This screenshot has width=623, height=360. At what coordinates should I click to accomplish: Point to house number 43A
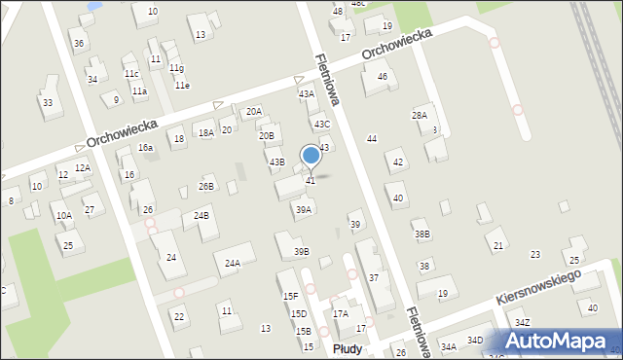(307, 94)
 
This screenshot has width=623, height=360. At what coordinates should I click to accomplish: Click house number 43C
(321, 124)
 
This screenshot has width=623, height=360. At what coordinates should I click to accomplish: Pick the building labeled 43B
(277, 162)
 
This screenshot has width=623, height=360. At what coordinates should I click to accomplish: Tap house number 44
(371, 139)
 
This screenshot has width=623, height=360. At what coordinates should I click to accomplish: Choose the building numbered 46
(383, 76)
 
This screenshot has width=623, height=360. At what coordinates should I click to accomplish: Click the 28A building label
(420, 115)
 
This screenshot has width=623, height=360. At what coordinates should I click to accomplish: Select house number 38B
(421, 234)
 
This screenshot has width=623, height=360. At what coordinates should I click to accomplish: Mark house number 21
(498, 245)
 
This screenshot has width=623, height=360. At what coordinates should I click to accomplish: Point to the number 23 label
(534, 254)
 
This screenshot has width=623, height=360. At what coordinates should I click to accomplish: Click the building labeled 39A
(304, 209)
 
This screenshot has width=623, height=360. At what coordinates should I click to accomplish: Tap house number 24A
(233, 263)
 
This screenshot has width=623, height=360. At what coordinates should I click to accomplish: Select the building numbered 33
(47, 102)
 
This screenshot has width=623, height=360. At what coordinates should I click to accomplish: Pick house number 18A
(205, 132)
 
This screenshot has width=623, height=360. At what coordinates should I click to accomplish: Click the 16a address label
(145, 147)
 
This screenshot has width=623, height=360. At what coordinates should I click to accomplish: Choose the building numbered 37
(374, 277)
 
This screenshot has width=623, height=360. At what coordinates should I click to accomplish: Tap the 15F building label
(290, 296)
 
